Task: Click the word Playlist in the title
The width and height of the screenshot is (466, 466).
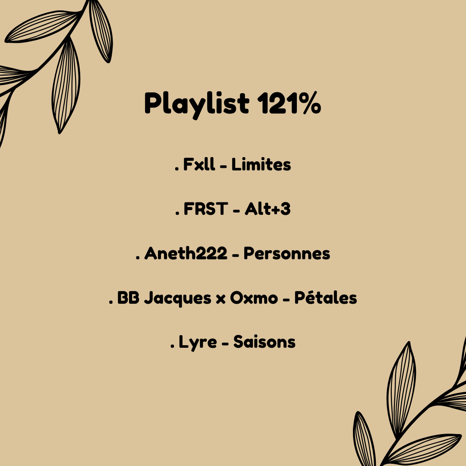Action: click(x=196, y=104)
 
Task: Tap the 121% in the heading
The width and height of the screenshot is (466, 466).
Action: click(x=289, y=103)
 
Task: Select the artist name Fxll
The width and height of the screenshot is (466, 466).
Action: click(x=199, y=165)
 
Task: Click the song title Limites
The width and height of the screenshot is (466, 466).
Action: click(x=261, y=165)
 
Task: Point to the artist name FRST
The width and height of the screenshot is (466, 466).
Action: click(x=206, y=209)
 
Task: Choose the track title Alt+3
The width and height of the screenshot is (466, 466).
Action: click(x=268, y=209)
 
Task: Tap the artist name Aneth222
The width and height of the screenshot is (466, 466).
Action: click(x=186, y=254)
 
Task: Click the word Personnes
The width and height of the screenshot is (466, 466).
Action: click(x=287, y=254)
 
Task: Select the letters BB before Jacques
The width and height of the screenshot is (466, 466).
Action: click(x=128, y=298)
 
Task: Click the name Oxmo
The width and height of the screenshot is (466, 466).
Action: click(x=254, y=298)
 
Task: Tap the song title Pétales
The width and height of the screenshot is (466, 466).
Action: click(x=326, y=298)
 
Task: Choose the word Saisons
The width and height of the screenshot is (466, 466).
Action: click(x=264, y=343)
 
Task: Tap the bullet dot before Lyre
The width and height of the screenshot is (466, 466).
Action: click(x=172, y=347)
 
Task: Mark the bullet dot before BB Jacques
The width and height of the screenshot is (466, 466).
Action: click(x=110, y=302)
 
